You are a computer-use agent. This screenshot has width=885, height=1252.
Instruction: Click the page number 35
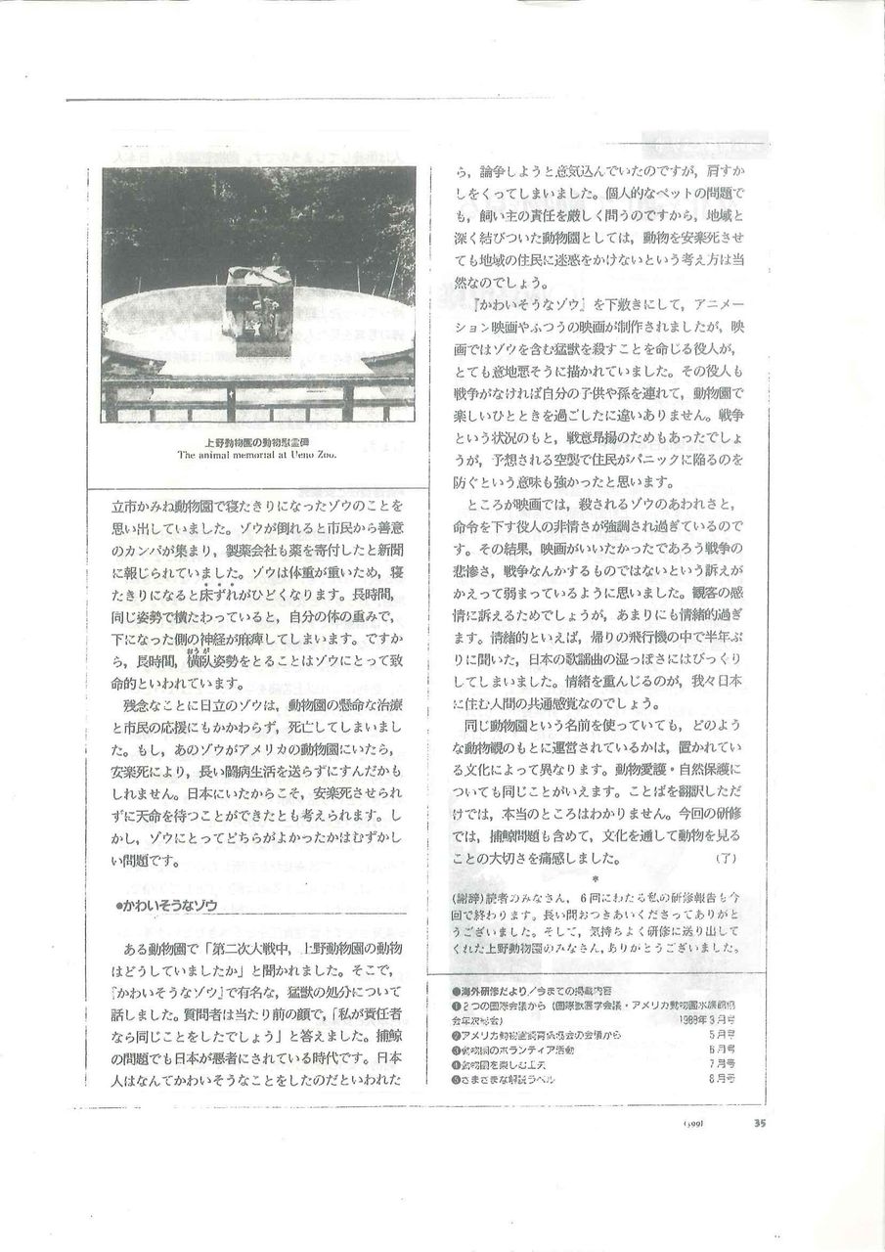pyautogui.click(x=760, y=1123)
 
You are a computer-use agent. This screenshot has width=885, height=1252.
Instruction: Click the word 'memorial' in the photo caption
pyautogui.click(x=254, y=454)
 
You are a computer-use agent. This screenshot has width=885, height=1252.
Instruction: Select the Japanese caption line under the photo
pyautogui.click(x=258, y=441)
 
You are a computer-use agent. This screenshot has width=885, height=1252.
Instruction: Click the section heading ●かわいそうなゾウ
pyautogui.click(x=166, y=906)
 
